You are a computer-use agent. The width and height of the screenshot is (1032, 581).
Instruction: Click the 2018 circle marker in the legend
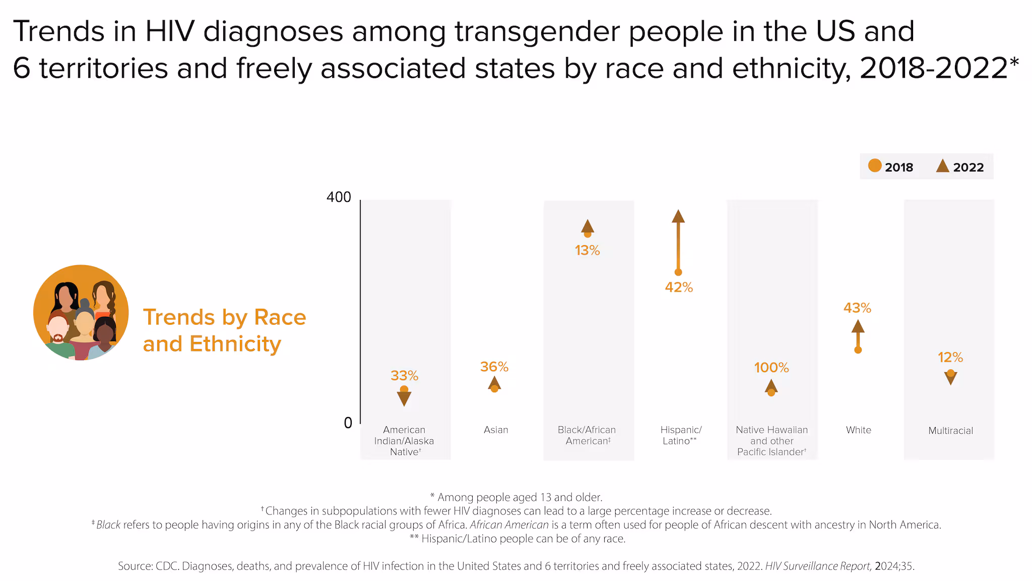click(x=875, y=165)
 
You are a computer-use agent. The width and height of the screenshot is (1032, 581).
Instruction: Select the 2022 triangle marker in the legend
click(x=942, y=166)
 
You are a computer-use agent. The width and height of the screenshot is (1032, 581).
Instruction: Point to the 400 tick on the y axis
click(x=339, y=197)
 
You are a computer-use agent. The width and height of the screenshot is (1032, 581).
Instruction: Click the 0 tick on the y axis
click(x=348, y=423)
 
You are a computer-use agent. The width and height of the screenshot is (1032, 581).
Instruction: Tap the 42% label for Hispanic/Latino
click(x=679, y=287)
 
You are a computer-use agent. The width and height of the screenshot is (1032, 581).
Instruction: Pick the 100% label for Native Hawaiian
click(x=771, y=368)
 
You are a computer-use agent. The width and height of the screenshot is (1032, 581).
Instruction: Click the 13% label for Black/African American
click(x=587, y=251)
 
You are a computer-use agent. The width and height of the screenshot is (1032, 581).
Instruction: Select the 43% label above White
click(x=857, y=308)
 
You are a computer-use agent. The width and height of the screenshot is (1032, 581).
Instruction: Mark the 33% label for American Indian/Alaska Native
click(x=404, y=376)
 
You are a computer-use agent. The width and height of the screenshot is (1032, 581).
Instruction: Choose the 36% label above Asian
click(x=494, y=367)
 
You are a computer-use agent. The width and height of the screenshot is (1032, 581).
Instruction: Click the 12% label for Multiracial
click(x=950, y=358)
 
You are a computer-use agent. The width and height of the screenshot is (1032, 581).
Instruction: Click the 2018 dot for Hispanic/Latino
click(x=678, y=272)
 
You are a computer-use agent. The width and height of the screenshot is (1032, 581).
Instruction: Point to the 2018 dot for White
click(x=858, y=350)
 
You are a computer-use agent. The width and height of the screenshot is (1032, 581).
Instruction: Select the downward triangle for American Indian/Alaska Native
click(x=404, y=398)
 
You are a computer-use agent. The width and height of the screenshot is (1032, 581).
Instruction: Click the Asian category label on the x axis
click(x=496, y=430)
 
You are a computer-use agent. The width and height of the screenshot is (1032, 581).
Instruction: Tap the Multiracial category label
click(x=950, y=431)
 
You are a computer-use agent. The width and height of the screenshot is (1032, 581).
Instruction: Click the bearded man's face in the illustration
click(x=58, y=330)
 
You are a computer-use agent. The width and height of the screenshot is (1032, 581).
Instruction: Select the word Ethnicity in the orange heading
click(x=235, y=344)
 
